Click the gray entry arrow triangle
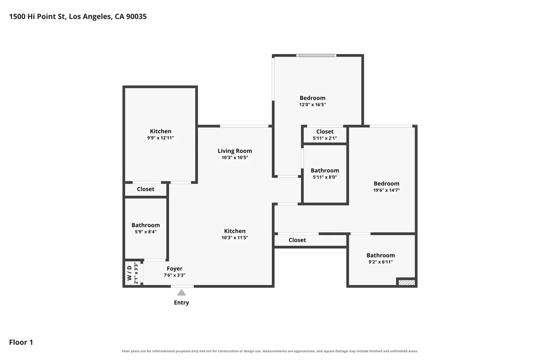181,293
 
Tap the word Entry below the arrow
181,302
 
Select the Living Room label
235,151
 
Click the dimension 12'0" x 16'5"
312,105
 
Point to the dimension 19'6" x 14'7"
387,190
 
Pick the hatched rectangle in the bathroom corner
407,282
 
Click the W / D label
130,273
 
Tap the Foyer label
175,269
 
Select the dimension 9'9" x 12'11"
161,138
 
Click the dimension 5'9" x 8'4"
146,232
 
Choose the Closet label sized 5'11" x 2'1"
325,132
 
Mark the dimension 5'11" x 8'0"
325,177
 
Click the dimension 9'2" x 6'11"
381,262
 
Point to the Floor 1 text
21,342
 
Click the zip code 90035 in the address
136,16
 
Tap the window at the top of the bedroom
316,55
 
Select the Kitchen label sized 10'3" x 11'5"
235,231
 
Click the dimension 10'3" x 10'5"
235,157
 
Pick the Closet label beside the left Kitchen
146,189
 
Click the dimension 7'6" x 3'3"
175,275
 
